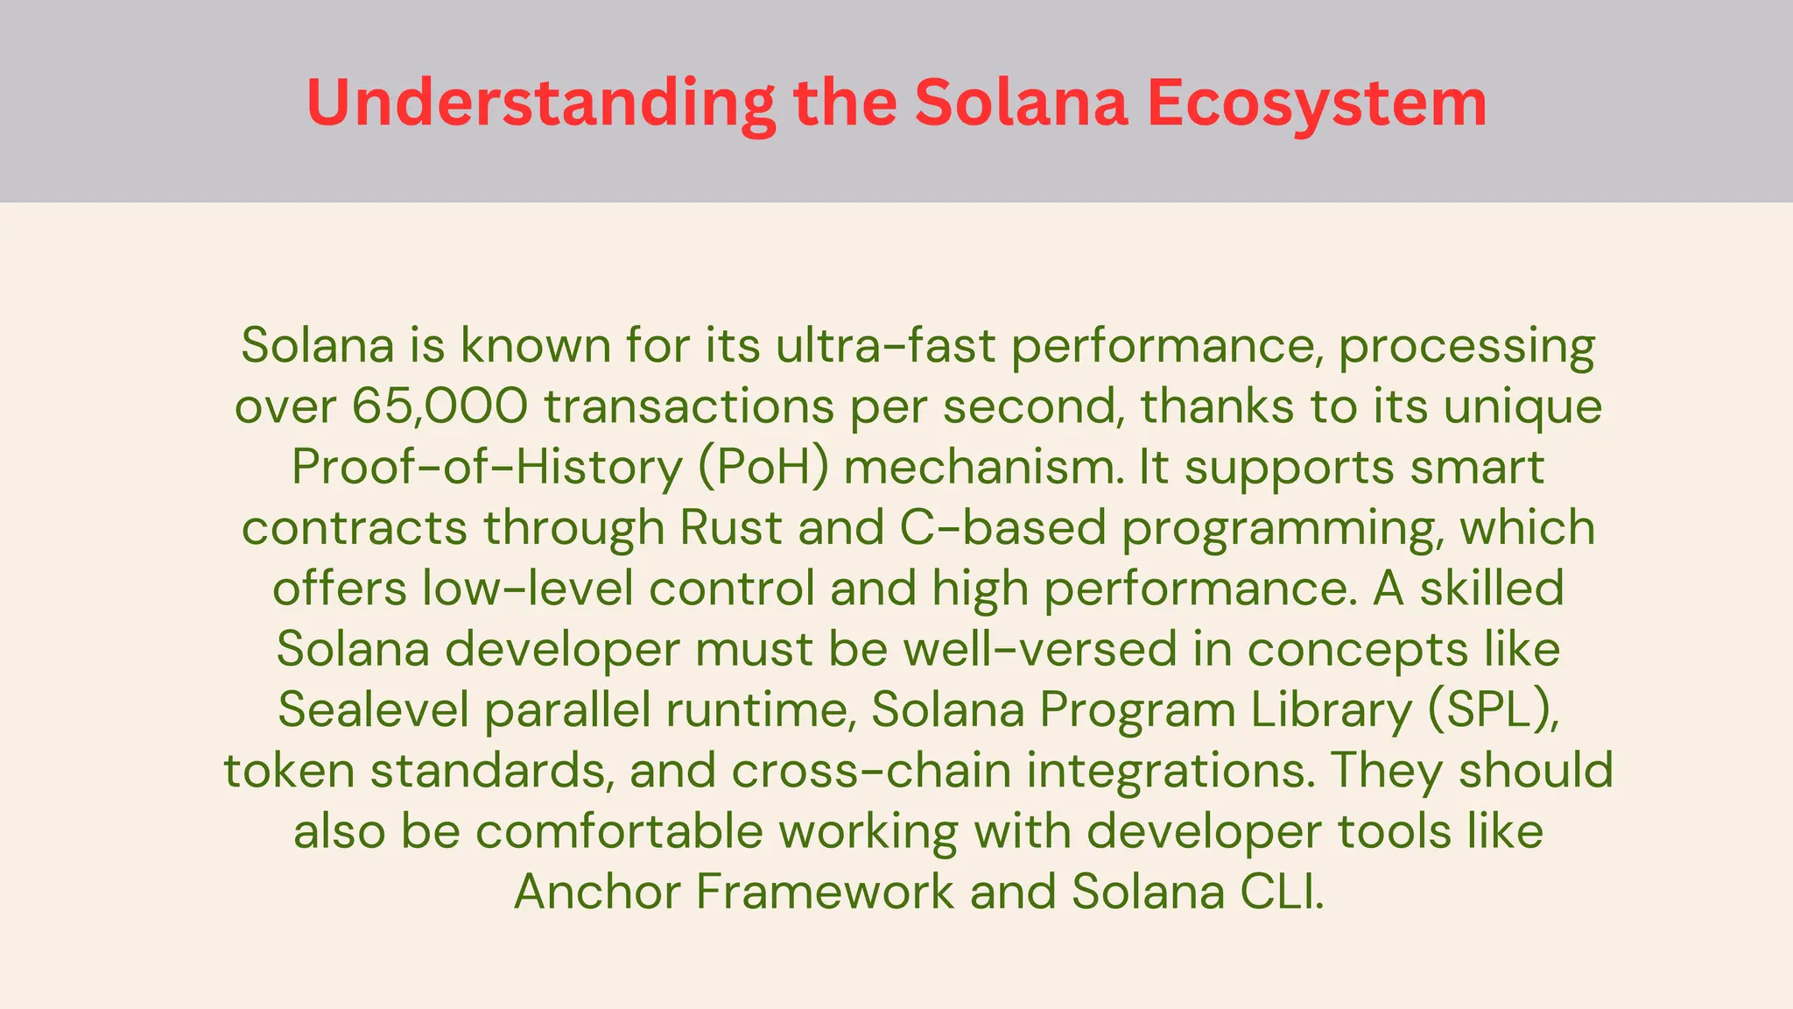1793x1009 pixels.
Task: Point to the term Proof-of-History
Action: [487, 467]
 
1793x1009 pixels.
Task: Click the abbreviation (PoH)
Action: [763, 467]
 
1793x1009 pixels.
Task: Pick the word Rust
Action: [731, 527]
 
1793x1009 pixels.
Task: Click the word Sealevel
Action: [374, 709]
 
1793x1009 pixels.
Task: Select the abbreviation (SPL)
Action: [1494, 709]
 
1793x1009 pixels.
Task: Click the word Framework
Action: [826, 892]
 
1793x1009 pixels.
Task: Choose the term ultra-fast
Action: [885, 345]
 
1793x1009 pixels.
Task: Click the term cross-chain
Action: [871, 771]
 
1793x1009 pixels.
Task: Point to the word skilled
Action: [1492, 588]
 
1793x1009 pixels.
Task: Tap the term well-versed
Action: [1039, 649]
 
